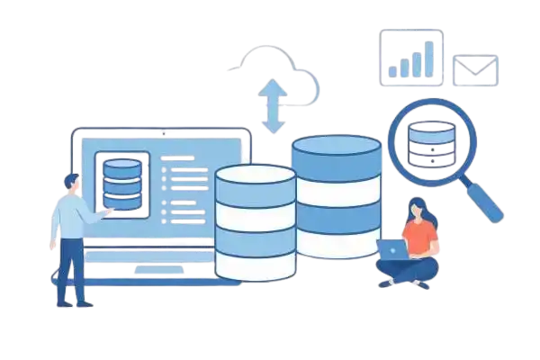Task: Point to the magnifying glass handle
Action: pos(486,202)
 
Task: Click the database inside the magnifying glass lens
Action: pos(430,142)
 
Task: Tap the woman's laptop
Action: pos(392,249)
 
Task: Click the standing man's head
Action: pos(72,182)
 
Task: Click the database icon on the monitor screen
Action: pos(122,181)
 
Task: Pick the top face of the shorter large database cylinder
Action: pos(255,175)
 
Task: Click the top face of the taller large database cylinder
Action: pos(336,147)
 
